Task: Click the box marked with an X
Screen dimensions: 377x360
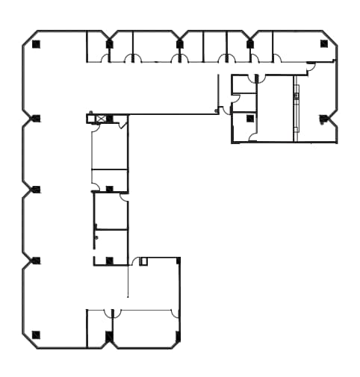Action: click(100, 119)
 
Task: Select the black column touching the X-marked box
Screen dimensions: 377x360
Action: click(110, 119)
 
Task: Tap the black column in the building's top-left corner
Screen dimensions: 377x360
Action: click(36, 44)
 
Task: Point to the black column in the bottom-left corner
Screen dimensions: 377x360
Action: click(36, 334)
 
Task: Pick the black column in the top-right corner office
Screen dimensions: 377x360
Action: click(323, 43)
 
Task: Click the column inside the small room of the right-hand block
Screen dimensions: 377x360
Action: click(249, 118)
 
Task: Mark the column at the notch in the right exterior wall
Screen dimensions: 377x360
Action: click(323, 119)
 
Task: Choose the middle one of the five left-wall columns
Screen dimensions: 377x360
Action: click(36, 190)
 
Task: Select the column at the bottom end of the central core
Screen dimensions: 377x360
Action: click(109, 261)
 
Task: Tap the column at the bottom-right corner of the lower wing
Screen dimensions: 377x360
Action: click(178, 336)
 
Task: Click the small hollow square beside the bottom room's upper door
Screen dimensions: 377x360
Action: click(143, 261)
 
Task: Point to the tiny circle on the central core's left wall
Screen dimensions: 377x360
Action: click(96, 237)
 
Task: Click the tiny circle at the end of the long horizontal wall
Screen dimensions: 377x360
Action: click(217, 111)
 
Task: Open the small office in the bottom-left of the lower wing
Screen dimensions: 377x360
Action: click(98, 328)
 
